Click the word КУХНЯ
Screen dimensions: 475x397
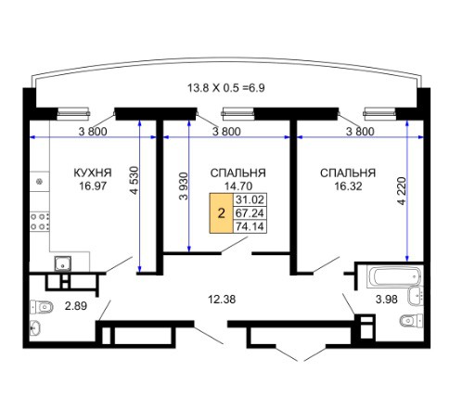point(93,173)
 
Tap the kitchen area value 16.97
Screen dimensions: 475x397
point(93,186)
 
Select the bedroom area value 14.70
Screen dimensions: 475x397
point(238,186)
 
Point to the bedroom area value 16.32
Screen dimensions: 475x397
point(348,186)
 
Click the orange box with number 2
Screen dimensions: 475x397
point(221,213)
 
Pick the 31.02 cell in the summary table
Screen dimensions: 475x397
point(250,199)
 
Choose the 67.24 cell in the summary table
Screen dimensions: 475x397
point(250,213)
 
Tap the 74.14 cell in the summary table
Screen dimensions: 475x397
point(250,226)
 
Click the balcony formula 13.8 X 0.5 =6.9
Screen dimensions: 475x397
point(226,88)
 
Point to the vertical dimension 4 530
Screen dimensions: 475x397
point(134,181)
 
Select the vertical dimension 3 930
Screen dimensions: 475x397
point(184,186)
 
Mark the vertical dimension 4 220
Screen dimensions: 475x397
point(402,191)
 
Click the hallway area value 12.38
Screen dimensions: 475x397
point(222,300)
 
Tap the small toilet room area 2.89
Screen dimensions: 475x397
point(76,306)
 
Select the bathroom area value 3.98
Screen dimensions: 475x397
point(387,300)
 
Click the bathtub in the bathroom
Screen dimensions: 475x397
point(393,276)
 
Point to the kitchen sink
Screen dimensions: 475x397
point(63,264)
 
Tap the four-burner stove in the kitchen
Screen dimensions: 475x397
point(40,222)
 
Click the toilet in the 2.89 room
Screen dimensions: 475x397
point(42,307)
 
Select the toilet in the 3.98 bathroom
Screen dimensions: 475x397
point(412,321)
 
